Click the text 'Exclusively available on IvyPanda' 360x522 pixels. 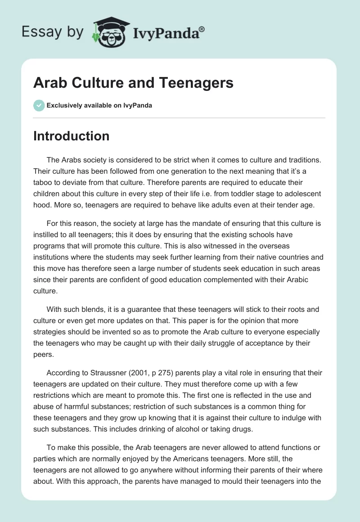pos(99,106)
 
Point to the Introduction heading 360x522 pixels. pos(71,136)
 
